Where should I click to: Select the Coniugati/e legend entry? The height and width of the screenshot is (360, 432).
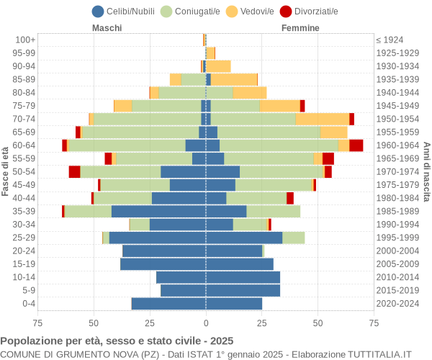coord(191,11)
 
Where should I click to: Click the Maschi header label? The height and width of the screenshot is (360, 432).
coord(107,28)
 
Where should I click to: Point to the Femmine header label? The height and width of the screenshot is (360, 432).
coord(300,28)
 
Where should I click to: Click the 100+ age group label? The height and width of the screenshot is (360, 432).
coord(25,40)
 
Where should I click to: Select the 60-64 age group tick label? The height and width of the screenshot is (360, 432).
coord(24,145)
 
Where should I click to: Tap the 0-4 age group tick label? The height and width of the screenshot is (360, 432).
coord(28,304)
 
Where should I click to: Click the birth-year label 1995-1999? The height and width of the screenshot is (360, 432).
coord(397,238)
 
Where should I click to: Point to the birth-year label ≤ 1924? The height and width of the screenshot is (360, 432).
coord(390,40)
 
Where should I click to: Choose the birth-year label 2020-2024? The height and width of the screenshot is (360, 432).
coord(397,304)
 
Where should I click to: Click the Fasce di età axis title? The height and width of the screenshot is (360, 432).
coord(6,171)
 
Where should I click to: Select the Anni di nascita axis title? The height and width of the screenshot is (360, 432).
coord(426,171)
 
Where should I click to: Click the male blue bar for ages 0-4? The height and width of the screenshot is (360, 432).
coord(168,304)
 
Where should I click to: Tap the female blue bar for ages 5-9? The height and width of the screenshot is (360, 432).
coord(243,290)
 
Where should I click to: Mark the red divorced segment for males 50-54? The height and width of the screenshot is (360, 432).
coord(74,171)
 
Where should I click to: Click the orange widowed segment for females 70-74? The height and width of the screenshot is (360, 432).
coord(322,119)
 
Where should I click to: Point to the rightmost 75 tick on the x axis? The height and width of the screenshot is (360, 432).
coord(374,323)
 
